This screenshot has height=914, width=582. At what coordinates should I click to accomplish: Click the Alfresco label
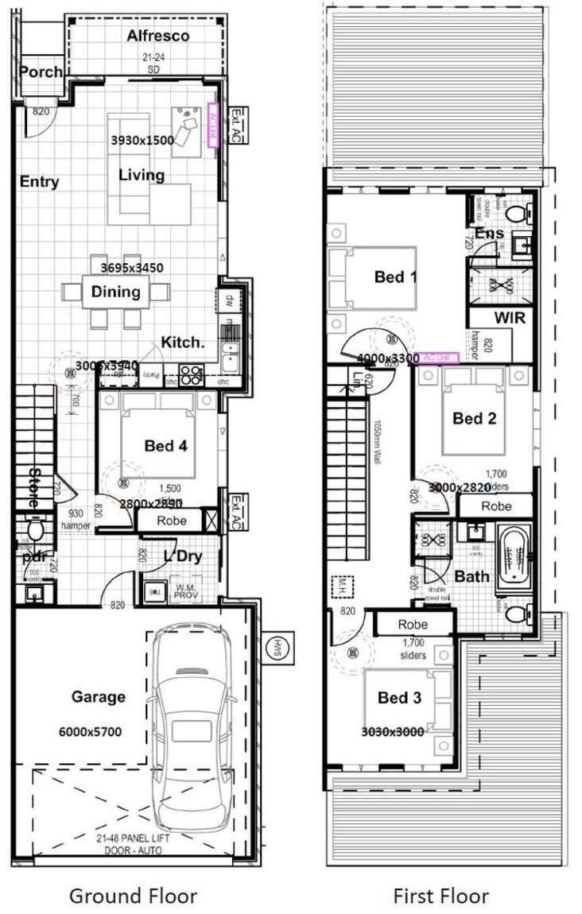coord(158,36)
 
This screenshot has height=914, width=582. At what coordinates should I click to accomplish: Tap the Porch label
coord(40,72)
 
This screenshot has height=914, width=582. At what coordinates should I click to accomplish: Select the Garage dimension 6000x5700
coord(91,732)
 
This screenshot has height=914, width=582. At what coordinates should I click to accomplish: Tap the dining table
coord(115,292)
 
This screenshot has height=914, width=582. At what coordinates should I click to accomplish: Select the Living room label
coord(142,175)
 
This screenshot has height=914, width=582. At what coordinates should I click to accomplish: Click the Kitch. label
coord(184,342)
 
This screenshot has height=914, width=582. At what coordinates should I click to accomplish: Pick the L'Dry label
coord(184,556)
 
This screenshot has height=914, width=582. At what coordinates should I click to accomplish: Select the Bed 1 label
coord(396,277)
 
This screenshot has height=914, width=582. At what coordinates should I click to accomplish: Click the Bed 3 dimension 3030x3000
coord(393,732)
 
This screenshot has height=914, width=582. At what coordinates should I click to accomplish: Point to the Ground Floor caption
coord(133,896)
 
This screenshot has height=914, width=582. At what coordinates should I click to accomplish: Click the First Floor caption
coord(441,896)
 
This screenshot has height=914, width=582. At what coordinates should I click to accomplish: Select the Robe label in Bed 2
coord(496,505)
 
